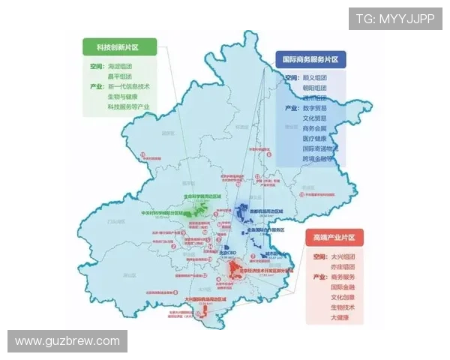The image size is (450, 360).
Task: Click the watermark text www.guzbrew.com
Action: click(x=67, y=341)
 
